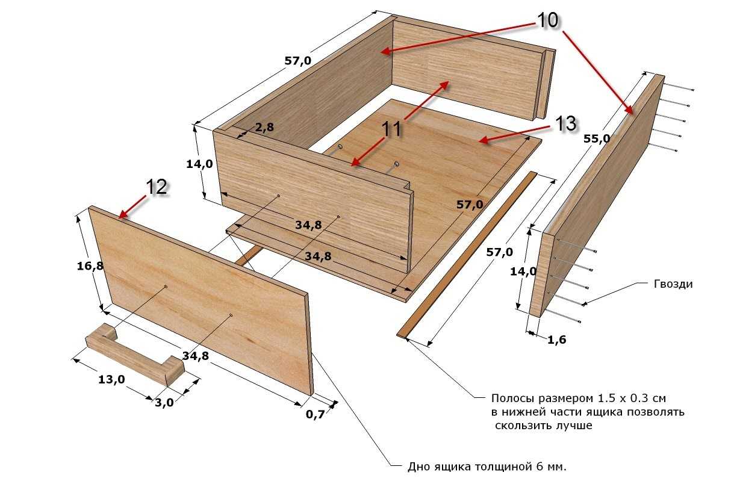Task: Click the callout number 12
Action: pyautogui.click(x=157, y=187)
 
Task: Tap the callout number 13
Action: pyautogui.click(x=565, y=125)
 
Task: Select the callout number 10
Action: pyautogui.click(x=547, y=20)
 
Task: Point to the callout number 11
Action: pyautogui.click(x=391, y=129)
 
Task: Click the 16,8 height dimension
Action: pyautogui.click(x=90, y=266)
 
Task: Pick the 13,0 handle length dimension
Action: pyautogui.click(x=111, y=379)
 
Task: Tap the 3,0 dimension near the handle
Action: pyautogui.click(x=164, y=403)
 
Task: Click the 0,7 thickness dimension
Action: pyautogui.click(x=316, y=414)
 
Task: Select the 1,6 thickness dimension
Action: pyautogui.click(x=557, y=340)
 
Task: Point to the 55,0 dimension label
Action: pyautogui.click(x=597, y=138)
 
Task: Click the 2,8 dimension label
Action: pyautogui.click(x=264, y=127)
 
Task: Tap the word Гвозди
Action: pyautogui.click(x=673, y=284)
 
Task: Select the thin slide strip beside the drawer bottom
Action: pyautogui.click(x=467, y=255)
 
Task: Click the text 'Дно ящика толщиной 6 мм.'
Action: pyautogui.click(x=487, y=467)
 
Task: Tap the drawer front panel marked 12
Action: pyautogui.click(x=200, y=300)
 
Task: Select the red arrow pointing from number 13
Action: pyautogui.click(x=516, y=134)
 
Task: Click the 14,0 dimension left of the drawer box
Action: pyautogui.click(x=199, y=164)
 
